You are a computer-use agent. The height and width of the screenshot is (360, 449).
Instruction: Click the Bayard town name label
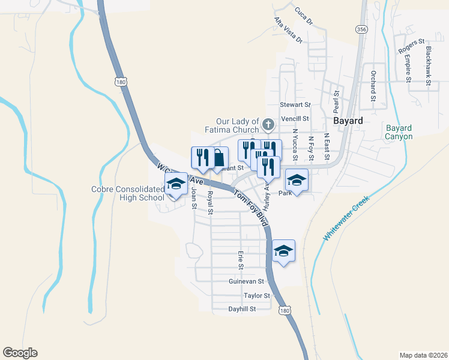(348, 121)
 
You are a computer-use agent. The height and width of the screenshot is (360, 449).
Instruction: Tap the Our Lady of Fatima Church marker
(268, 125)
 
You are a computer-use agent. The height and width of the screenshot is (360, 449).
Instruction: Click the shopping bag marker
(219, 158)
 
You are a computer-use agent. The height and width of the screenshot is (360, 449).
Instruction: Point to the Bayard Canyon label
(399, 132)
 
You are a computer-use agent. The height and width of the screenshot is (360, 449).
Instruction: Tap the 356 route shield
(361, 29)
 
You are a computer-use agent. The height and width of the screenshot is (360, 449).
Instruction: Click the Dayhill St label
(243, 309)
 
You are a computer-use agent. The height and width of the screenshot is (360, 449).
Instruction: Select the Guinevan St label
(246, 281)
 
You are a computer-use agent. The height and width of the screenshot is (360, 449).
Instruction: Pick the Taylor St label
(257, 295)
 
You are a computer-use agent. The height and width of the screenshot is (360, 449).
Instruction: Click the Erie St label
(241, 260)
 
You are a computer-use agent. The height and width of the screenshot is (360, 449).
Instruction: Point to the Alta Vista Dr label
(288, 30)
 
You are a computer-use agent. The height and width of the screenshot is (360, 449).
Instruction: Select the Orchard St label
(373, 86)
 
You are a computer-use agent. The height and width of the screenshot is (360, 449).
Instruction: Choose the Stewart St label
(294, 104)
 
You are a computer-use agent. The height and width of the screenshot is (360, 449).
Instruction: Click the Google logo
(20, 353)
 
